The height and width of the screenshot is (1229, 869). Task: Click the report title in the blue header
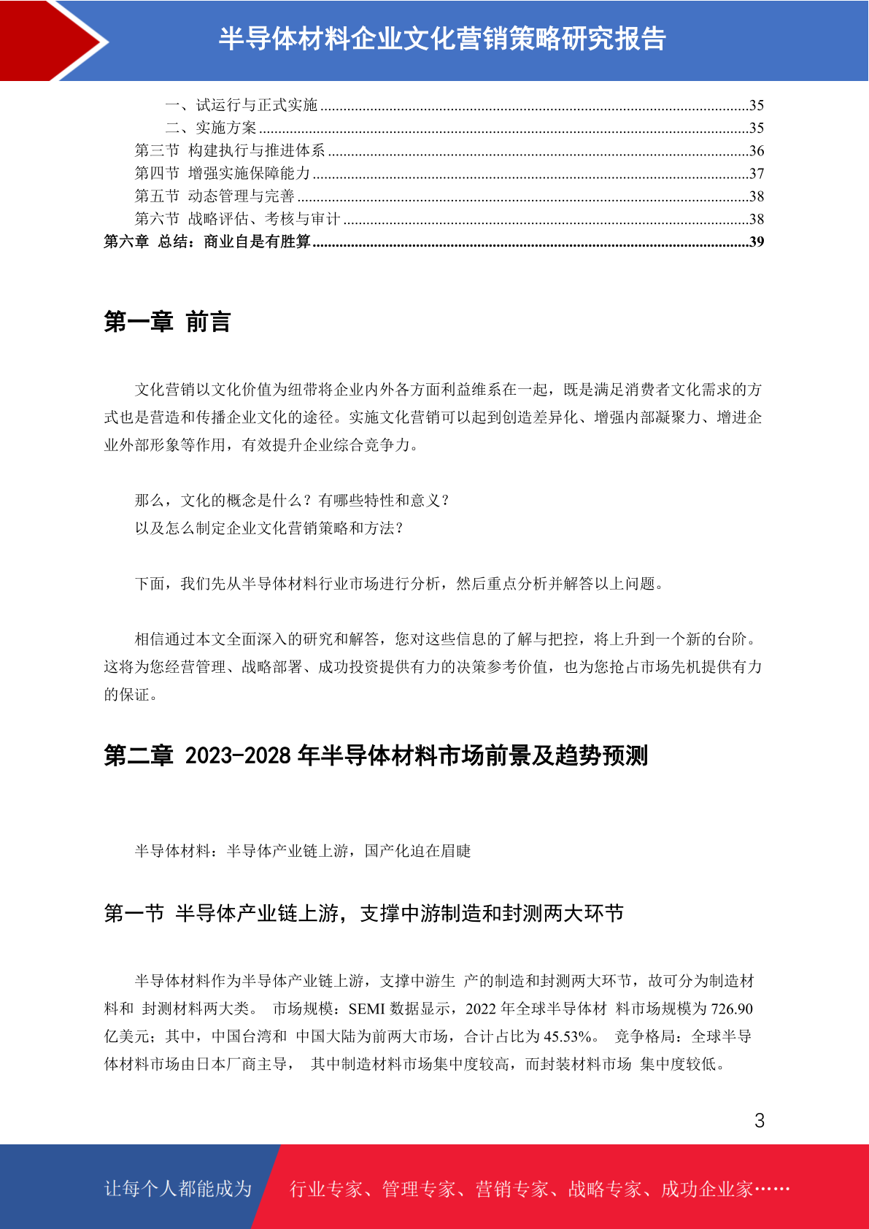pos(442,39)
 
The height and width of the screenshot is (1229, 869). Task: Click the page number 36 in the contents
pos(757,151)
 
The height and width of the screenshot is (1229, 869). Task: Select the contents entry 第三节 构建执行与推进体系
pos(230,150)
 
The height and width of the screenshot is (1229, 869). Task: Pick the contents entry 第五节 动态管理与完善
pos(215,196)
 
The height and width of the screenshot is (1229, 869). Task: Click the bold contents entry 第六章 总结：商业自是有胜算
pos(207,242)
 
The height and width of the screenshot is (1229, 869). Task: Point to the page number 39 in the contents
pos(757,242)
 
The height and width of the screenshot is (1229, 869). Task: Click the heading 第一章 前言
pos(168,322)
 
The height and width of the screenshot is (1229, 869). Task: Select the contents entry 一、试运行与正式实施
pos(241,105)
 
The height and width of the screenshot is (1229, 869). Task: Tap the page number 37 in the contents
pos(757,174)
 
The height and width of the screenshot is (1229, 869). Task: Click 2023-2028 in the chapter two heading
pos(238,755)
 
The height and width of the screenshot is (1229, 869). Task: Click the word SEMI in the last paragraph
pos(367,1009)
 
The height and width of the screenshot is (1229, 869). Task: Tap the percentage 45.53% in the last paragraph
pos(567,1036)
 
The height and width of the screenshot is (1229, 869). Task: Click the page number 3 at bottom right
pos(760,1120)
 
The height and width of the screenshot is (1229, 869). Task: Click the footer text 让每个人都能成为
pos(178,1189)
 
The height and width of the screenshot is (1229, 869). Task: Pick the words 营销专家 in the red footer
pos(511,1189)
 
